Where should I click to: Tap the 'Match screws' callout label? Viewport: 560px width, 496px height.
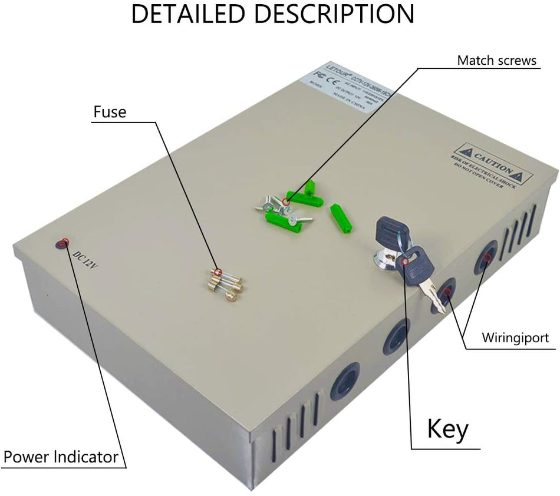coord(497,60)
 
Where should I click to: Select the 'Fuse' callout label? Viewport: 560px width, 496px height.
coord(110,111)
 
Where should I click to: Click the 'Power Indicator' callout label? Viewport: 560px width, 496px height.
coord(61,457)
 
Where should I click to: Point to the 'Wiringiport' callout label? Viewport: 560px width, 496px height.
coord(515,338)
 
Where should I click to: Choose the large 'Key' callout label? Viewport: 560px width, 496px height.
coord(448,429)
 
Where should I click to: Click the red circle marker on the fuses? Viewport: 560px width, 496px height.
coord(218,272)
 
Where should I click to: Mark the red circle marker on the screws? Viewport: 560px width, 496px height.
coord(286,203)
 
